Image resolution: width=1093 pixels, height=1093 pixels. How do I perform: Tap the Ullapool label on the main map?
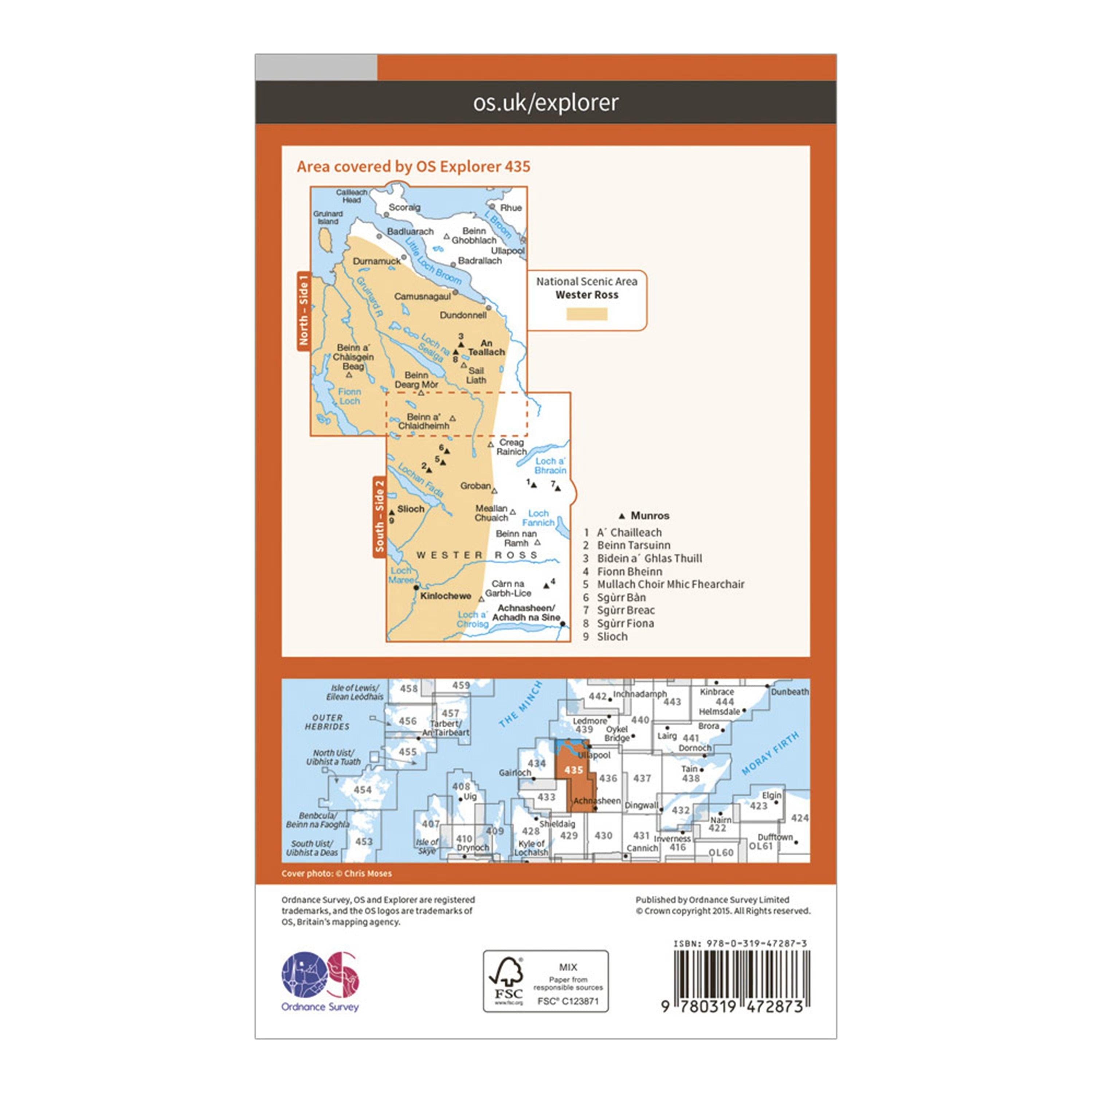pyautogui.click(x=508, y=251)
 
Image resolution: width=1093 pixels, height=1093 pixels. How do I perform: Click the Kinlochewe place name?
pyautogui.click(x=446, y=596)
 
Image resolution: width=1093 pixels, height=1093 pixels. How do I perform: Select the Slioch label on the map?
pyautogui.click(x=411, y=509)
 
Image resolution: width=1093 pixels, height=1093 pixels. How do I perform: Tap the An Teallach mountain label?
pyautogui.click(x=486, y=347)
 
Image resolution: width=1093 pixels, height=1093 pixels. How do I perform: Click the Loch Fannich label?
pyautogui.click(x=538, y=518)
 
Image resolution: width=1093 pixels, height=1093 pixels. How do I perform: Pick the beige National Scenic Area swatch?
pyautogui.click(x=587, y=314)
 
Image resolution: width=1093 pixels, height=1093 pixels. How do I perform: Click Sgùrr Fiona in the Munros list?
pyautogui.click(x=625, y=623)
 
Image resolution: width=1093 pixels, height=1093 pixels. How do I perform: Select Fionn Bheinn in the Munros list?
pyautogui.click(x=629, y=571)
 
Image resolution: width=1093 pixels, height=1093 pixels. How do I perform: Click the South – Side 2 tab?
pyautogui.click(x=379, y=516)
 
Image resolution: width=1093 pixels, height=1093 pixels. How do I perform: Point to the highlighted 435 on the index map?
pyautogui.click(x=573, y=770)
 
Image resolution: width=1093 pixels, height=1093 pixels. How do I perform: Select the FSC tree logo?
pyautogui.click(x=507, y=980)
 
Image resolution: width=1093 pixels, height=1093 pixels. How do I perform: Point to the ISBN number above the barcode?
pyautogui.click(x=740, y=943)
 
